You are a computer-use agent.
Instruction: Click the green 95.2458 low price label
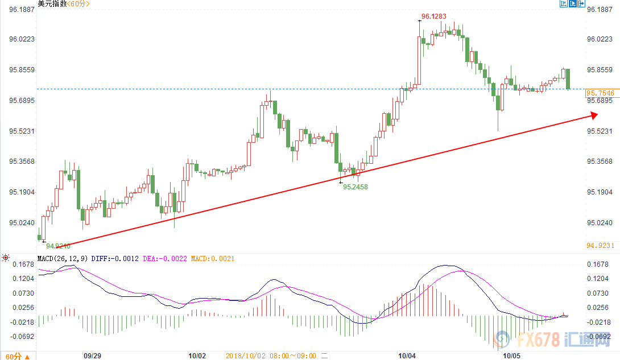click(356, 187)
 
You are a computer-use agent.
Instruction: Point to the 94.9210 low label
click(58, 246)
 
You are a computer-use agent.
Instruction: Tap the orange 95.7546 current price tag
click(600, 93)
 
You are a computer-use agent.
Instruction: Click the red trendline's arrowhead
click(594, 115)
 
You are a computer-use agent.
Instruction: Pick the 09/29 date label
click(92, 355)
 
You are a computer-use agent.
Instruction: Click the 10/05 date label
click(510, 355)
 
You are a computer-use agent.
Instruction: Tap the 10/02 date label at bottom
click(196, 355)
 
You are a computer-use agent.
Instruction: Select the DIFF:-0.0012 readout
click(115, 259)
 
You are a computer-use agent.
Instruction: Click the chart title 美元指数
click(52, 5)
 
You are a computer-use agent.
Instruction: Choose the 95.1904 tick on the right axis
click(600, 192)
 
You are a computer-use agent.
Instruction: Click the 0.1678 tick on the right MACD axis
click(600, 264)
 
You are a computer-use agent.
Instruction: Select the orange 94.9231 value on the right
click(600, 245)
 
